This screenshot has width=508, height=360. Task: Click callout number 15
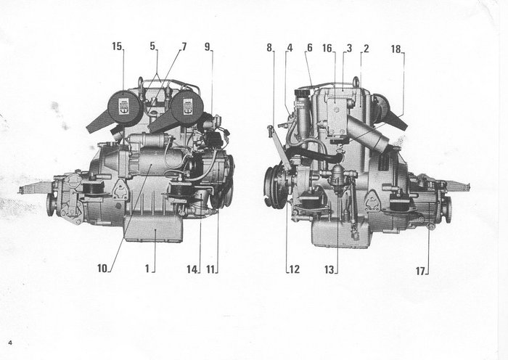tap(117, 46)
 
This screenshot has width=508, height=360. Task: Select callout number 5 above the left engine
tap(153, 46)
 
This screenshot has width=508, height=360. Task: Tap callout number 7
tap(184, 46)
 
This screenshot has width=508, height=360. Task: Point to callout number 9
tap(208, 46)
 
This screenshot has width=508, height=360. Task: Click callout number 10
tap(102, 268)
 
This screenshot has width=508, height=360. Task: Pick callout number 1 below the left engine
tap(147, 268)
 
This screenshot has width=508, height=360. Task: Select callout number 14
tap(192, 269)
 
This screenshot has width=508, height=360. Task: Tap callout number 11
tap(211, 269)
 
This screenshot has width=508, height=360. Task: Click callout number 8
tap(269, 48)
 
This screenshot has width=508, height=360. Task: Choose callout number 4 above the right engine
tap(289, 48)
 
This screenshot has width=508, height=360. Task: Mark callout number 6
tap(309, 48)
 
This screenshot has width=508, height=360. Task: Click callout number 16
tap(328, 48)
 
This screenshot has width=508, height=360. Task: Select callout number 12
tap(294, 269)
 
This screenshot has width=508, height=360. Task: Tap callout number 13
tap(330, 269)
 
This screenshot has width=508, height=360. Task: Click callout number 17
tap(420, 271)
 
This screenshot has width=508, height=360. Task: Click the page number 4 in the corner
tap(10, 341)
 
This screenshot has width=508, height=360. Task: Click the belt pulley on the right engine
tap(275, 187)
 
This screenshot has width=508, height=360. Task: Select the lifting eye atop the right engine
tap(356, 81)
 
